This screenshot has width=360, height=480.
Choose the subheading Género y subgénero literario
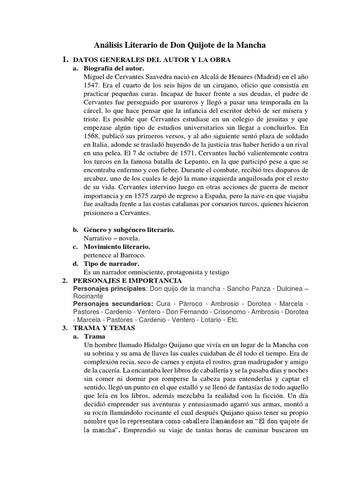(x=129, y=230)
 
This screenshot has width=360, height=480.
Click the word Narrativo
(x=99, y=238)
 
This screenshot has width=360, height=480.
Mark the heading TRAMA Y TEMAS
(x=105, y=328)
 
